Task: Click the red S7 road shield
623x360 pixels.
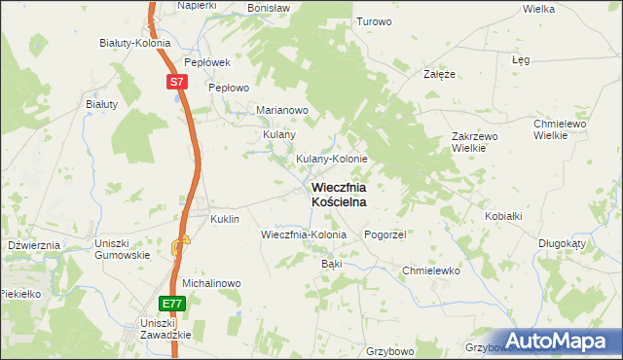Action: [x=175, y=83]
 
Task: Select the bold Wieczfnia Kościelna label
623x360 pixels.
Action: [x=339, y=194]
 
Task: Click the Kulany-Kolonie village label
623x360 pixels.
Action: [x=331, y=159]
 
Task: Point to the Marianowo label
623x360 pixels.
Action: [x=281, y=110]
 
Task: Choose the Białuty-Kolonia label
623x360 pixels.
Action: [x=135, y=43]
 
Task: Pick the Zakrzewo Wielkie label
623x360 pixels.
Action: [x=475, y=142]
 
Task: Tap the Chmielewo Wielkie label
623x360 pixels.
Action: [x=558, y=129]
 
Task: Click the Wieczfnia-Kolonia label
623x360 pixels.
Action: [x=304, y=235]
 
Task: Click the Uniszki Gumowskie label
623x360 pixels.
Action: [x=122, y=248]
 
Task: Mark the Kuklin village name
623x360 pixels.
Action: [x=225, y=220]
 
